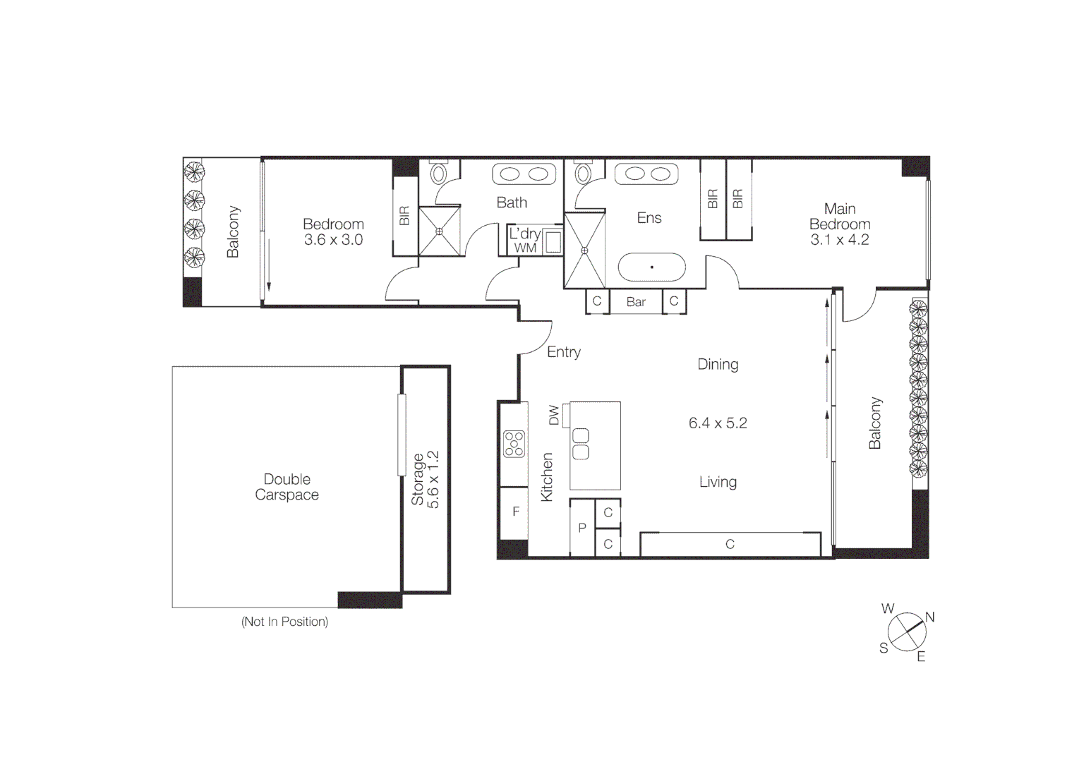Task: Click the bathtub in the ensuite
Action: tap(651, 268)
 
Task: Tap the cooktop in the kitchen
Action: tap(514, 444)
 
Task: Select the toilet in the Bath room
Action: tap(439, 172)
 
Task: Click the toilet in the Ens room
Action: tap(583, 172)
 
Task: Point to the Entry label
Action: tap(564, 352)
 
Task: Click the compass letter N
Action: tap(929, 617)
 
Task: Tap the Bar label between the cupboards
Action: tap(636, 302)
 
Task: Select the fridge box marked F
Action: tap(515, 512)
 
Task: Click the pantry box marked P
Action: tap(582, 528)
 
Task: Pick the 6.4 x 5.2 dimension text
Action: tap(718, 423)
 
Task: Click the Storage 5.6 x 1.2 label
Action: tap(426, 480)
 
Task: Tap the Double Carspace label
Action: tap(287, 487)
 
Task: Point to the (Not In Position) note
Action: tap(284, 622)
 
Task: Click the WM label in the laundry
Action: tap(525, 248)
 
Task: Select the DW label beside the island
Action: tap(554, 415)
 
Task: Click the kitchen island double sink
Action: tap(580, 444)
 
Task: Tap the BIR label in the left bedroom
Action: tap(404, 216)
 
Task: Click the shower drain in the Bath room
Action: tap(439, 231)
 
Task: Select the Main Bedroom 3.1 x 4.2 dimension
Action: tap(839, 240)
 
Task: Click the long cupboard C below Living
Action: tap(730, 544)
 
